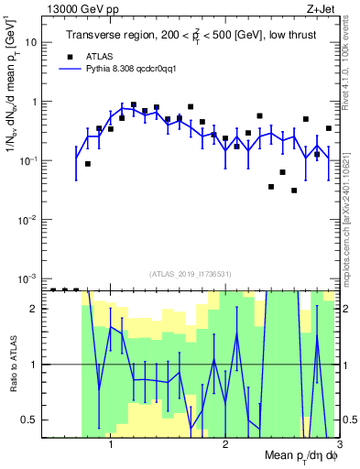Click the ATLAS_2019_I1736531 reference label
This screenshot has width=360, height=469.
point(191,273)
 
